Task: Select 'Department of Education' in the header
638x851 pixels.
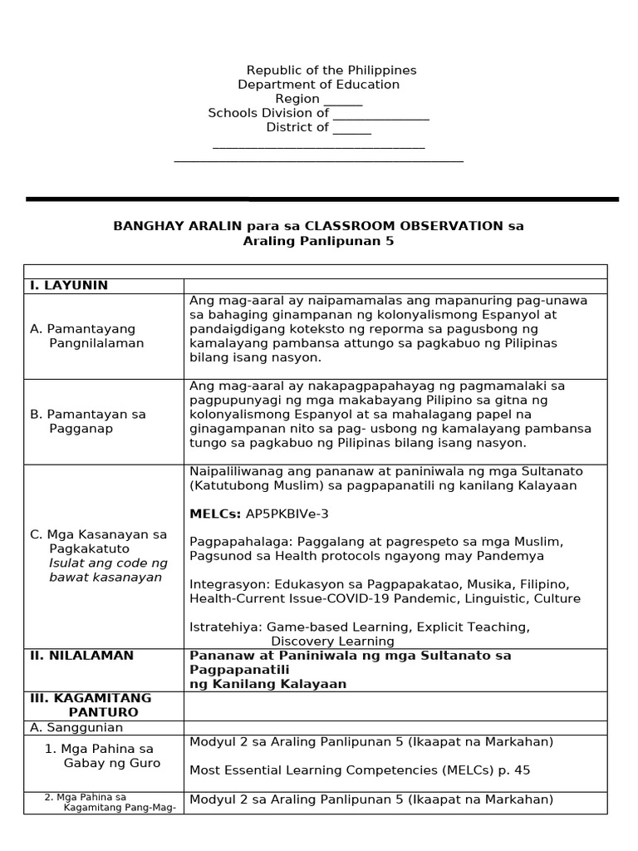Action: pyautogui.click(x=318, y=85)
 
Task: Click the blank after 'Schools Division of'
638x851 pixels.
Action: pyautogui.click(x=380, y=114)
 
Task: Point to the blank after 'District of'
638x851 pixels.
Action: pyautogui.click(x=351, y=129)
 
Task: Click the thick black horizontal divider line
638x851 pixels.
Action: pyautogui.click(x=322, y=199)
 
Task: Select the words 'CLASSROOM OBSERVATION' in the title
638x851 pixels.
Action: pyautogui.click(x=404, y=226)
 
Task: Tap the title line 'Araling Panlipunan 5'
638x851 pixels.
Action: pyautogui.click(x=318, y=241)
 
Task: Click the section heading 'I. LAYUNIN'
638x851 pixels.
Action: pyautogui.click(x=69, y=286)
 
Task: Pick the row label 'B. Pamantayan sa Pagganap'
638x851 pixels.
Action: pyautogui.click(x=87, y=421)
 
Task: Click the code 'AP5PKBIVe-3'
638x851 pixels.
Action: pyautogui.click(x=282, y=514)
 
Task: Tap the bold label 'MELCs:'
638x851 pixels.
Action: pyautogui.click(x=215, y=514)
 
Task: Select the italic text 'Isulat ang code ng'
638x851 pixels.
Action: pyautogui.click(x=108, y=563)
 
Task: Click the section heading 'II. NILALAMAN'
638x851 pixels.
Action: pyautogui.click(x=81, y=656)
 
